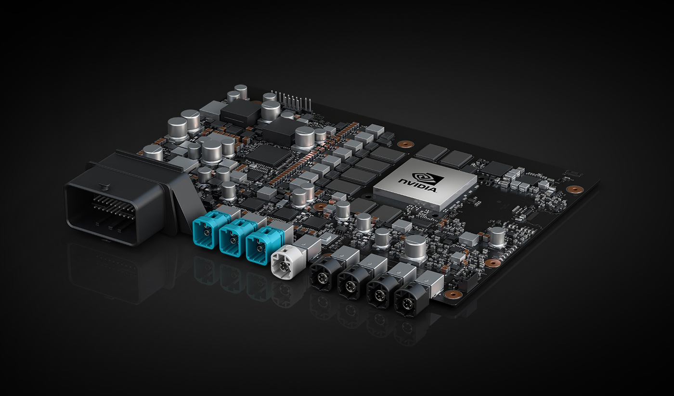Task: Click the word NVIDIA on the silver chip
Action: pyautogui.click(x=417, y=185)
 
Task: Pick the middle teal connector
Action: pyautogui.click(x=232, y=238)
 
